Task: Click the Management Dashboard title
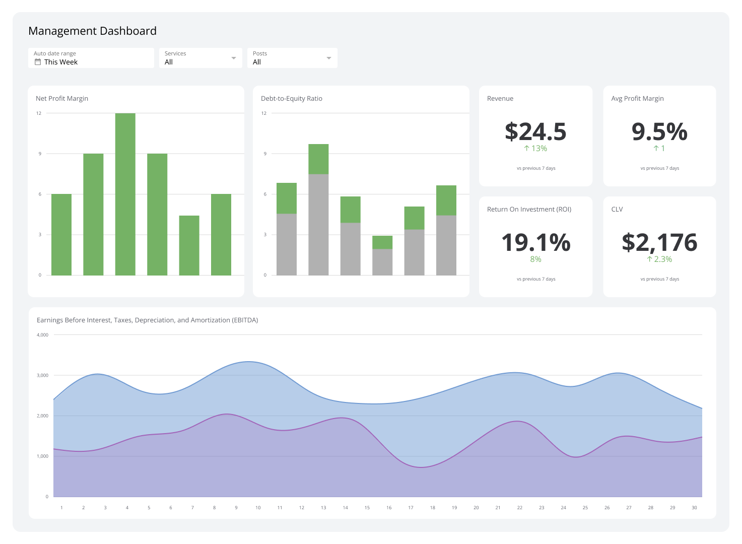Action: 92,31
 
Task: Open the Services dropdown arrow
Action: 234,58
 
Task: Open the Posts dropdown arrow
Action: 329,58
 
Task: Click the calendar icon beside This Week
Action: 37,62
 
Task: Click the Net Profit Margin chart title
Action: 62,99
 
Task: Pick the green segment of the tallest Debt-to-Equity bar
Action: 318,159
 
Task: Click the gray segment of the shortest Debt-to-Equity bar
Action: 382,262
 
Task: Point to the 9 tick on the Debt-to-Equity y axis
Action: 265,154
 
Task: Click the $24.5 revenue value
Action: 535,131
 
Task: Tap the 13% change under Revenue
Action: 535,149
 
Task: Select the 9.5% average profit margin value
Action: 659,131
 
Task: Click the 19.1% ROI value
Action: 535,242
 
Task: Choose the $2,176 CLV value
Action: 659,242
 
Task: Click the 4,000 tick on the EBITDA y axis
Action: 43,335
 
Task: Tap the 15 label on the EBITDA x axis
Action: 367,508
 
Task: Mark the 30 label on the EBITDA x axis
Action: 694,508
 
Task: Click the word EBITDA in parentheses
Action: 244,320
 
